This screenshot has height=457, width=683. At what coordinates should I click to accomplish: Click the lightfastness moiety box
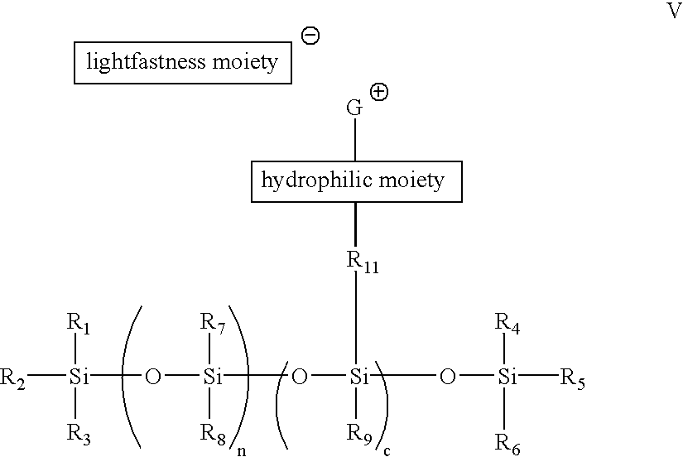[x=183, y=63]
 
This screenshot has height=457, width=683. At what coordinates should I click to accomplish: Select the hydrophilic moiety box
[x=356, y=180]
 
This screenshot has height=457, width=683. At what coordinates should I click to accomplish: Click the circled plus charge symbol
[x=379, y=93]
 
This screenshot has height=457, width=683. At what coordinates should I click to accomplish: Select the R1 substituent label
[x=78, y=324]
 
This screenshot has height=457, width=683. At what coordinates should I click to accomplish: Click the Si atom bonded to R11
[x=358, y=378]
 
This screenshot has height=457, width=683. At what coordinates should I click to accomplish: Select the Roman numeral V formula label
[x=673, y=11]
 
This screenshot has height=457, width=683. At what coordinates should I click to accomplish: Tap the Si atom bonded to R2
[x=79, y=378]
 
